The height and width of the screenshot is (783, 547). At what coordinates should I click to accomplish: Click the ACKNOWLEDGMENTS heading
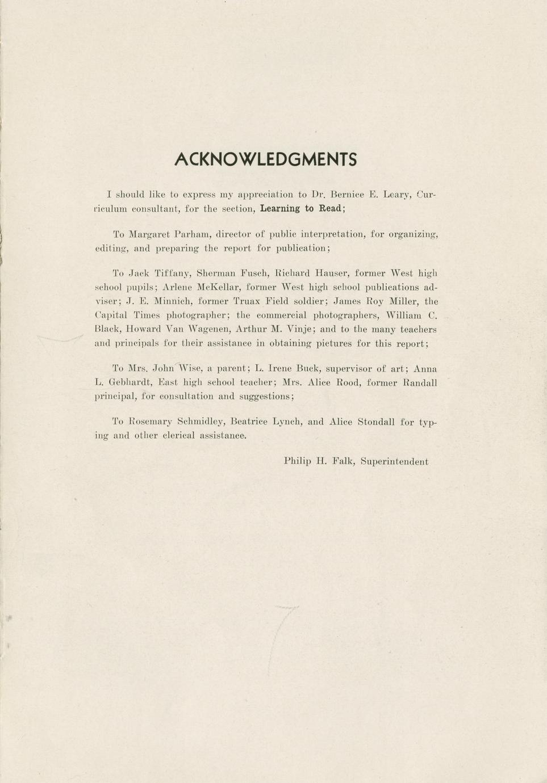tap(265, 159)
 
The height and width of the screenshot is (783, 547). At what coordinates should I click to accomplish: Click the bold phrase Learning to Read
tap(301, 208)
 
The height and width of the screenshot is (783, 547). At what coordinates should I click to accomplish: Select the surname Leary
tap(397, 195)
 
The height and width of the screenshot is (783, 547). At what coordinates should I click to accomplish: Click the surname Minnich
tap(173, 301)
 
